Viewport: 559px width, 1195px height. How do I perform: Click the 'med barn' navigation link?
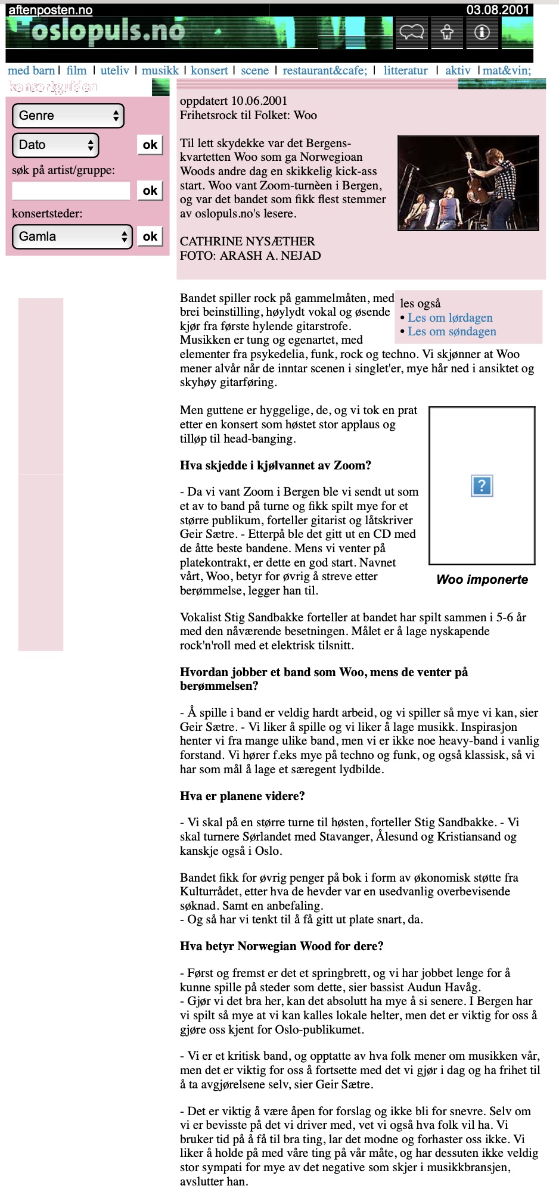[31, 70]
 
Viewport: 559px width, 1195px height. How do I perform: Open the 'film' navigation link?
[76, 70]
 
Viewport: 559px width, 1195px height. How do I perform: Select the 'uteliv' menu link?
[114, 70]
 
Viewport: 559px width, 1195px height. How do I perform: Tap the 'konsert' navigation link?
[209, 70]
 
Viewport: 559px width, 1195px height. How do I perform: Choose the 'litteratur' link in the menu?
[405, 70]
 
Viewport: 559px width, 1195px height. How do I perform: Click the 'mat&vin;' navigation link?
[507, 70]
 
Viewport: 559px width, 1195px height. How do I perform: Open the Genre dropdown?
[68, 116]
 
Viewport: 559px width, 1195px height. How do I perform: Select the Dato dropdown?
[55, 145]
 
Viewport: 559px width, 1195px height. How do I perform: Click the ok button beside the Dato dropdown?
[150, 145]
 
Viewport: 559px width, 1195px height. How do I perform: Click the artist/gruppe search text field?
[71, 191]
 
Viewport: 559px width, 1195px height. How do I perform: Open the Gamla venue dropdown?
[72, 236]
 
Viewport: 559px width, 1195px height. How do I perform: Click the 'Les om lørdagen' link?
[450, 318]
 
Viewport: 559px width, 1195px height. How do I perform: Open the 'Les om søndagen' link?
[452, 332]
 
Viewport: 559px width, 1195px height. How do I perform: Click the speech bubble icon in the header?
[412, 32]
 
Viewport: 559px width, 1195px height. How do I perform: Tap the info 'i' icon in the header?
[482, 32]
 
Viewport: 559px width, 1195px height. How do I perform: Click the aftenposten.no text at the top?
[51, 10]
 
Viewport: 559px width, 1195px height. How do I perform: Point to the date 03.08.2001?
[498, 10]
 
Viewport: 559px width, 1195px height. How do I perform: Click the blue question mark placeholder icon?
[482, 486]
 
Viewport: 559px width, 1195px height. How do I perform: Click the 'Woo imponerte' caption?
[482, 580]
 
